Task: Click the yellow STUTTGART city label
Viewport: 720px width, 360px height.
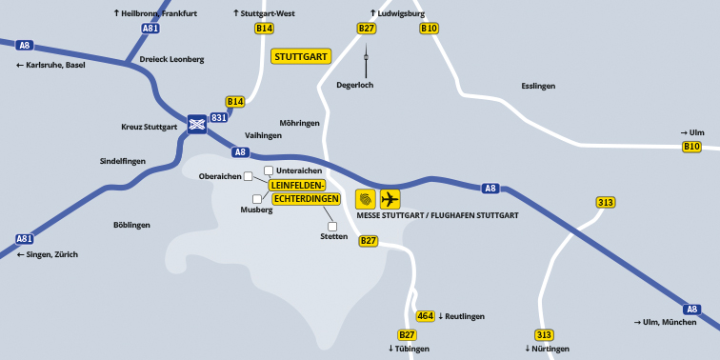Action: point(301,56)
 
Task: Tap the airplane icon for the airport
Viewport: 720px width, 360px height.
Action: point(390,199)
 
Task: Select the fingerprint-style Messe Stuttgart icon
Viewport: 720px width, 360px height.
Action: point(366,199)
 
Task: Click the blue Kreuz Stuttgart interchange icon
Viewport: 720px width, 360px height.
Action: point(197,123)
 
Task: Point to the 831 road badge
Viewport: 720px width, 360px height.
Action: point(219,118)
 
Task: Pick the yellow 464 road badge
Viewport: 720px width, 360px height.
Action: point(426,316)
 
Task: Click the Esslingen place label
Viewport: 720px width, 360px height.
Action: point(538,86)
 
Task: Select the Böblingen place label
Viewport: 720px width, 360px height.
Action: point(131,225)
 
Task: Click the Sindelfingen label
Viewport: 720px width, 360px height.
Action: point(123,161)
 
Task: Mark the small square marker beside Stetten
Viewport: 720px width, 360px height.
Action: point(332,227)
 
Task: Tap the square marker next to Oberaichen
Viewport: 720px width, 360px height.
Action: point(248,176)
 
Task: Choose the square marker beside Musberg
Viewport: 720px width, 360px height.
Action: point(257,199)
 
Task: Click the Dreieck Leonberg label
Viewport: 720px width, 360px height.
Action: point(171,59)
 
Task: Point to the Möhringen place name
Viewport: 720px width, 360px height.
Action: point(300,123)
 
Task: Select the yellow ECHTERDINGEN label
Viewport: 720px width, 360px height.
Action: point(307,199)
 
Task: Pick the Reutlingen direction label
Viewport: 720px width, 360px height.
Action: point(465,316)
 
